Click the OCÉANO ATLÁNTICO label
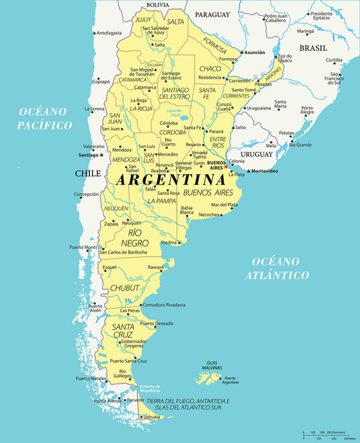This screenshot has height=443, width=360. click(280, 268)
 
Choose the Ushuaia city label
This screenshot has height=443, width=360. click(151, 417)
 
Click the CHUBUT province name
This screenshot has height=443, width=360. click(124, 287)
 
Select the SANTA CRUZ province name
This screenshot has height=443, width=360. click(123, 331)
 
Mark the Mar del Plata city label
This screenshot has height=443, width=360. click(224, 205)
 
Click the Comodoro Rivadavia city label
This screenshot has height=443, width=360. click(164, 305)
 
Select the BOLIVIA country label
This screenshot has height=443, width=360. click(157, 4)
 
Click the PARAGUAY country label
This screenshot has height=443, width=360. click(212, 14)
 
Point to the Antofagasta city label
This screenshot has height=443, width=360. click(109, 33)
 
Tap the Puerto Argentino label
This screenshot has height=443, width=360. click(229, 381)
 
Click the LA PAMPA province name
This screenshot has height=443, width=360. click(161, 201)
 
